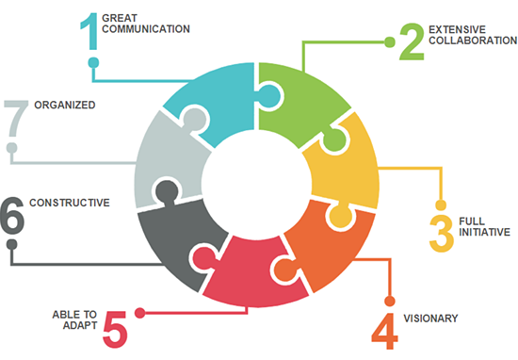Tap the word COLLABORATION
(472, 41)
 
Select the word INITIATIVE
(484, 232)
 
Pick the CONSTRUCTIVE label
(70, 203)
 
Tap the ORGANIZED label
(65, 106)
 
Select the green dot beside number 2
(389, 41)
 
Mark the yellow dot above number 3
(439, 204)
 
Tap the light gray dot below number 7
(11, 147)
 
